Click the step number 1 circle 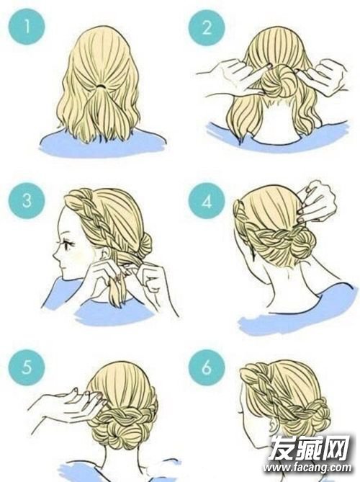tap(27, 26)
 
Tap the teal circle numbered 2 tap(207, 27)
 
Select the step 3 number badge tap(27, 201)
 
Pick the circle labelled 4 tap(207, 201)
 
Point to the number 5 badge tap(27, 367)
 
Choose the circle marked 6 tap(207, 367)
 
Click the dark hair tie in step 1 tap(101, 86)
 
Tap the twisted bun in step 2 tap(279, 81)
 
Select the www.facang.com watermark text tap(308, 468)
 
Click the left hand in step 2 tap(233, 76)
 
